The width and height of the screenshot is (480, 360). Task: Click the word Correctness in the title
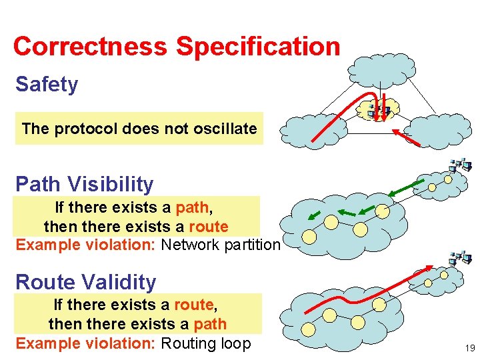click(91, 47)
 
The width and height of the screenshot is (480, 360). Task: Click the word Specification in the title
click(258, 47)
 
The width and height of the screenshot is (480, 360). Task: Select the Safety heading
click(47, 85)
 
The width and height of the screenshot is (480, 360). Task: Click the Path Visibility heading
click(84, 184)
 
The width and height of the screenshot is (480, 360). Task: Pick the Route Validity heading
click(85, 282)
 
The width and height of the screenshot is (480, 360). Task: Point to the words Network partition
click(221, 245)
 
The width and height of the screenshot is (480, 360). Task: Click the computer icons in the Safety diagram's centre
click(379, 109)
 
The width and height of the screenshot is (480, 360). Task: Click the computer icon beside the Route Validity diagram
click(460, 258)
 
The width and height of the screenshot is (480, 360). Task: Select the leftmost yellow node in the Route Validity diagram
click(308, 329)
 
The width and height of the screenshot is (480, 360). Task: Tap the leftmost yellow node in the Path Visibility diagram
click(309, 236)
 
